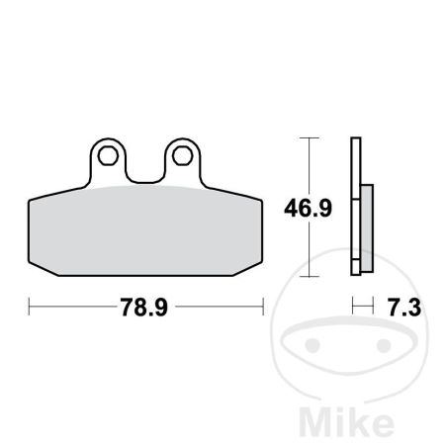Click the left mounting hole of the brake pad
(108, 155)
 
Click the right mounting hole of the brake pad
(182, 155)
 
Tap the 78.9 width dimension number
(143, 308)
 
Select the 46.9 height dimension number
(308, 209)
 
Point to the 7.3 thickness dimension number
(404, 308)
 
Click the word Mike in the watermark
(346, 421)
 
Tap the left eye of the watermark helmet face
(313, 345)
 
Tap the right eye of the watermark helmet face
(384, 345)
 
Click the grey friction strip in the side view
(367, 228)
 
